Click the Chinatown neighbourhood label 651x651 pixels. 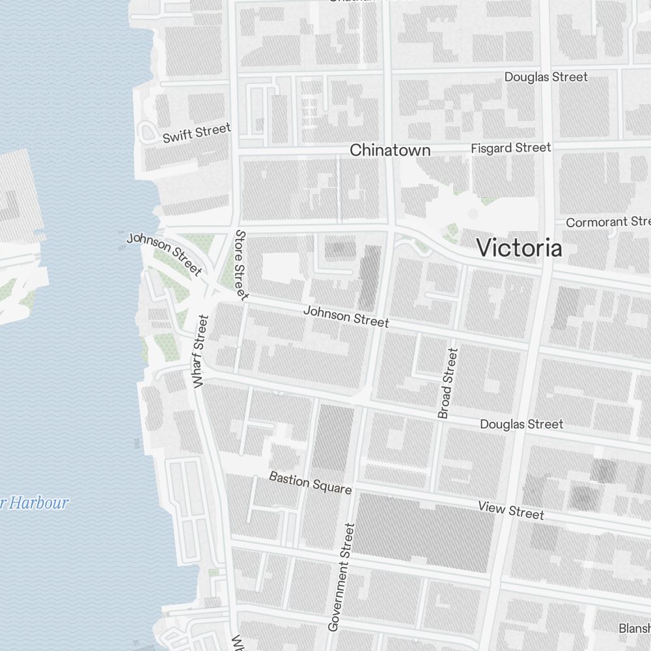click(390, 150)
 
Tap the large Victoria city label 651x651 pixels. click(519, 248)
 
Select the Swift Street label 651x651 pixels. click(197, 133)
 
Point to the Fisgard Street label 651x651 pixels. click(511, 148)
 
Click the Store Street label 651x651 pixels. click(240, 264)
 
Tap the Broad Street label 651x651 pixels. click(448, 383)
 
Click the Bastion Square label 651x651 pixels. click(311, 482)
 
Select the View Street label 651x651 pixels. click(511, 510)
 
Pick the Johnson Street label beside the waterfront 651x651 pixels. click(164, 253)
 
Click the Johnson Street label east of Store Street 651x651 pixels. click(346, 317)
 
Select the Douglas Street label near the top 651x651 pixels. click(546, 77)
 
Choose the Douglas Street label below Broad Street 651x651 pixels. click(521, 424)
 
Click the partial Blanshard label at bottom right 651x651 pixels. click(633, 628)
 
